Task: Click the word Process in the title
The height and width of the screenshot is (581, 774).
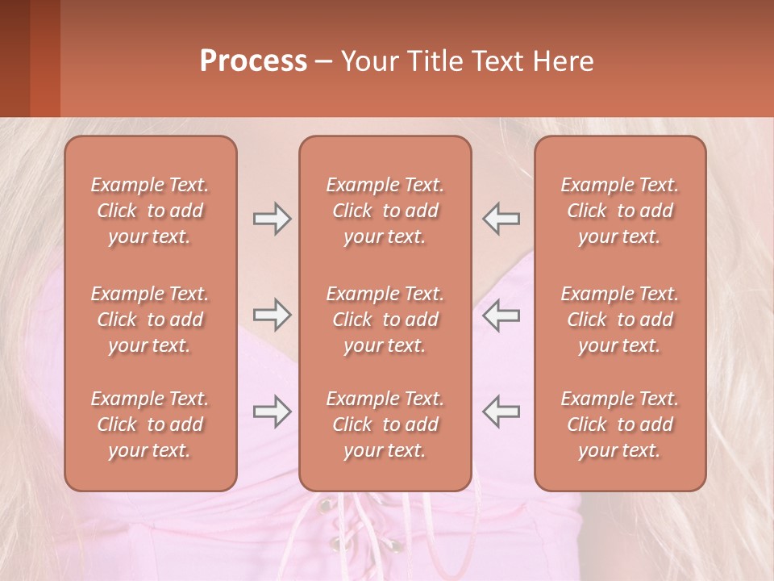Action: [253, 61]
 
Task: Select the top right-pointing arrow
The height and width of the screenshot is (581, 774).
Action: [273, 219]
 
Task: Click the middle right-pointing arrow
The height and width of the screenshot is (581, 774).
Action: [273, 315]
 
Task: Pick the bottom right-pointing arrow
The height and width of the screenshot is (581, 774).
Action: [273, 412]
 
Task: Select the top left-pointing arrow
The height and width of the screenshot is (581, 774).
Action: [501, 219]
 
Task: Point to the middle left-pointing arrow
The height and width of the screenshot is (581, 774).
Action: [501, 315]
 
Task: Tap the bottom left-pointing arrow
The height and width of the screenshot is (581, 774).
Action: [501, 412]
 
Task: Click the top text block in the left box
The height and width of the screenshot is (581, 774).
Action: [150, 211]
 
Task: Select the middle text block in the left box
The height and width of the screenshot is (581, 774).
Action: [150, 320]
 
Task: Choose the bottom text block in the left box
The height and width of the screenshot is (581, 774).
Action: [150, 424]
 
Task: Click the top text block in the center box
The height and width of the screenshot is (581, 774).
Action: [385, 211]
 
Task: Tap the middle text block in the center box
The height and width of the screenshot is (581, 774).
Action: [385, 320]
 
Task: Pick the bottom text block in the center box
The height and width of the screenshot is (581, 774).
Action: [385, 424]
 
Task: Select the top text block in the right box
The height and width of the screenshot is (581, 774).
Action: [620, 211]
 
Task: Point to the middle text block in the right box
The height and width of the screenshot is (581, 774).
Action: [620, 320]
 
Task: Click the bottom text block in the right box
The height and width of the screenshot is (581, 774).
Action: [620, 424]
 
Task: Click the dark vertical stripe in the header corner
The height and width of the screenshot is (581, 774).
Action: [44, 58]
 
